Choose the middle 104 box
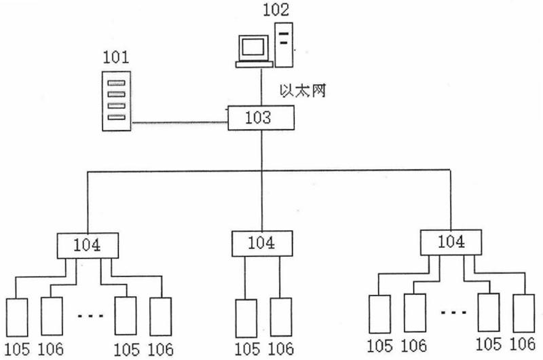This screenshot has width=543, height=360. click(261, 242)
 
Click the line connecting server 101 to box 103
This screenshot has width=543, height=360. click(179, 123)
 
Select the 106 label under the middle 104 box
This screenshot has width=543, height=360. click(280, 350)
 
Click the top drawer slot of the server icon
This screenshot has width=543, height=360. click(116, 84)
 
